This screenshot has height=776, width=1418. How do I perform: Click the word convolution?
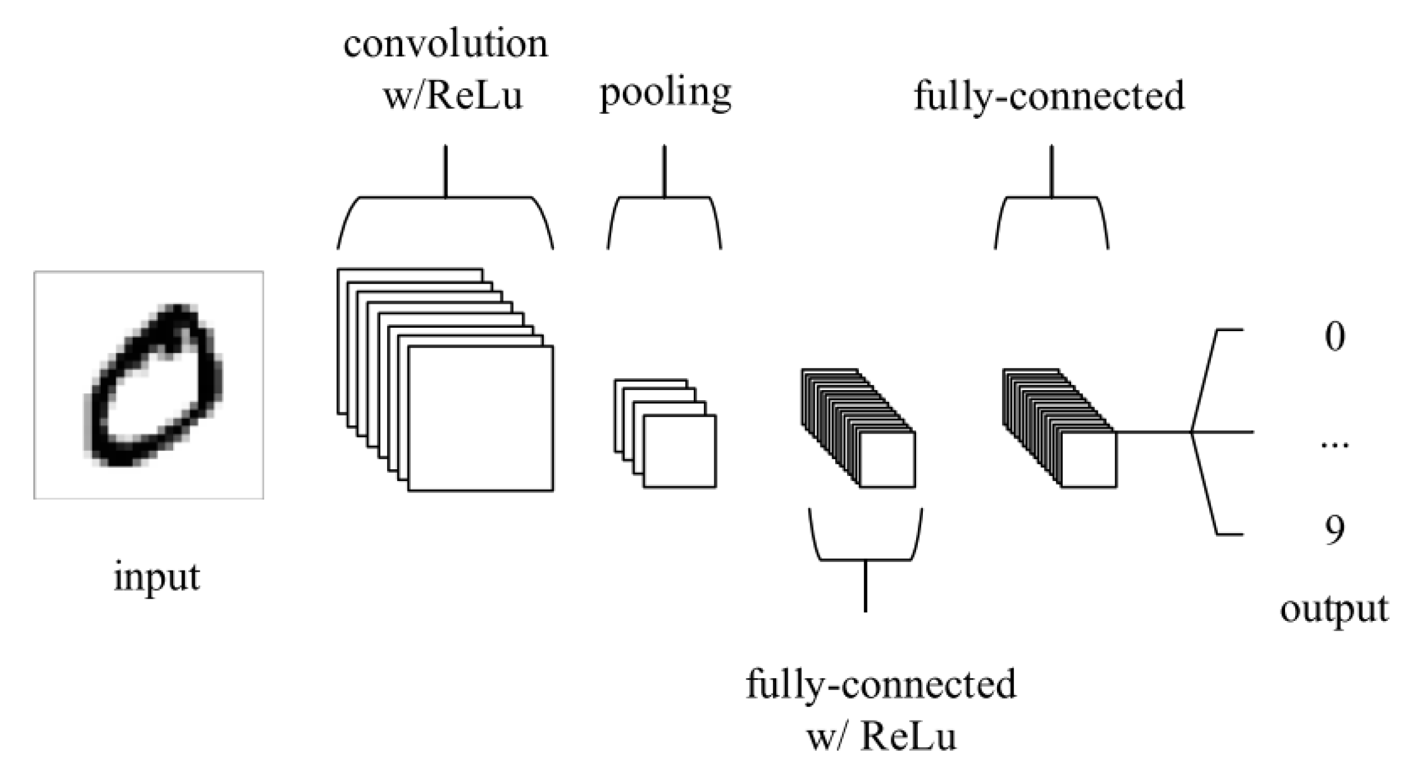point(446,44)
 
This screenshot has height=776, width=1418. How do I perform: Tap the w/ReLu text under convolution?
point(453,96)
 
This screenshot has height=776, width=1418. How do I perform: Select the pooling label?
point(665,93)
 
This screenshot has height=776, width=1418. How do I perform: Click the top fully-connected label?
point(1049,96)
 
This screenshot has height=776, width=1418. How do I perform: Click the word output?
point(1334,610)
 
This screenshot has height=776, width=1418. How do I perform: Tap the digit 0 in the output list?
point(1335,337)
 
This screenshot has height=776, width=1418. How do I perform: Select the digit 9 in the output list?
point(1335,530)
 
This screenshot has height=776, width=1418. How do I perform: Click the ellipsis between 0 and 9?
point(1335,444)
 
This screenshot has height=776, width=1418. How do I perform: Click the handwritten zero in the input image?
point(153,385)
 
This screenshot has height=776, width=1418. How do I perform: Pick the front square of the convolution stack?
point(480,418)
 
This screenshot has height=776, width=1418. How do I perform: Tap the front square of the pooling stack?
point(680,451)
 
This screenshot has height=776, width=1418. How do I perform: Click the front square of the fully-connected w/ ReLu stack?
point(887,459)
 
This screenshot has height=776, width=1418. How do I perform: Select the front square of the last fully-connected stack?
point(1088,459)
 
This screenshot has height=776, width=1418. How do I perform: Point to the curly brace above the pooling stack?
point(664,198)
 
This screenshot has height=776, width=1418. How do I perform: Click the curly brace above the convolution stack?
point(445,198)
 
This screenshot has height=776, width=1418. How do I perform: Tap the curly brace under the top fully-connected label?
point(1051,198)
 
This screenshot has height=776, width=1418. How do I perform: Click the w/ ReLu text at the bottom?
point(881,737)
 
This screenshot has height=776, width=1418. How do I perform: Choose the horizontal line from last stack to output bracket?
point(1154,432)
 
